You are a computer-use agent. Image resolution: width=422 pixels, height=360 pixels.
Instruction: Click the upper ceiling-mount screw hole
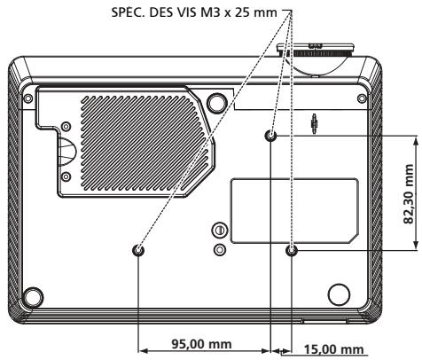pos(271,136)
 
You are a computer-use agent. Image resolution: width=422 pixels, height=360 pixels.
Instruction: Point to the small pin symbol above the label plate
pos(316,122)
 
